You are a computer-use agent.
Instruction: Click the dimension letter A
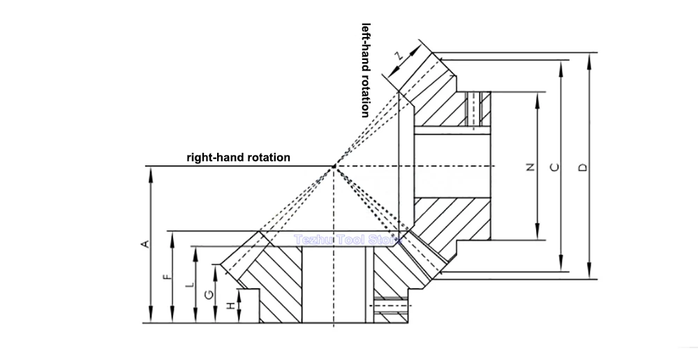[x=144, y=244]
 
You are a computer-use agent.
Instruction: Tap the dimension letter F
[x=167, y=277]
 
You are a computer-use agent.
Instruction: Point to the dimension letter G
[x=209, y=294]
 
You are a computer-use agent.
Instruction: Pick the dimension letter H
[x=231, y=306]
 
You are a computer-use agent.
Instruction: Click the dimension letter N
[x=530, y=167]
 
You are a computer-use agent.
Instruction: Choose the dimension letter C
[x=555, y=167]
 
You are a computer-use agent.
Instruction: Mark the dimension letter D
[x=582, y=167]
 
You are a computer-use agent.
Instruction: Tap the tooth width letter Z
[x=400, y=56]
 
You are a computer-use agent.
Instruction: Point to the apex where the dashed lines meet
[x=334, y=167]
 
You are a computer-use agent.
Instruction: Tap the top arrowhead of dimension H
[x=239, y=294]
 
